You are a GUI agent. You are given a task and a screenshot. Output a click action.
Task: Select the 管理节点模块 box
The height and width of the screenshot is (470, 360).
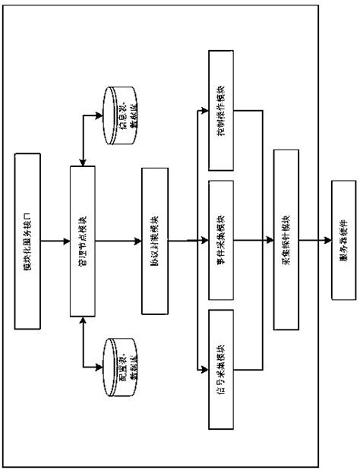tap(84, 240)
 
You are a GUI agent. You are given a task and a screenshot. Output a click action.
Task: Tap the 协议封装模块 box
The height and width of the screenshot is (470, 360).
tap(154, 240)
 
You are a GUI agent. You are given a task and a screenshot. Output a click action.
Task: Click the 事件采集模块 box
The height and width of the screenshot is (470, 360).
tap(221, 240)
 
